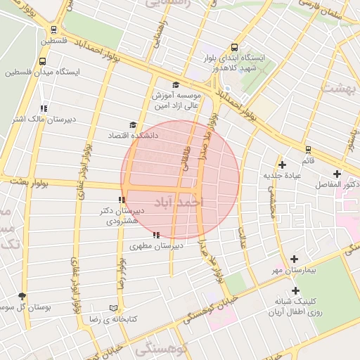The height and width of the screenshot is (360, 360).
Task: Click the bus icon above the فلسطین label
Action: coord(54,30)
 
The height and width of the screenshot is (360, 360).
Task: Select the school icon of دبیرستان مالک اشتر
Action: coord(44,108)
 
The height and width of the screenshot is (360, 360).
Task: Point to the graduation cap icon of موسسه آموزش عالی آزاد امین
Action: coord(176,84)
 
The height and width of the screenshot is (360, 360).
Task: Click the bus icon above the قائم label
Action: coord(308,149)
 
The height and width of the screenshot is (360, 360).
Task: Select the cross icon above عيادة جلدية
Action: coord(282,164)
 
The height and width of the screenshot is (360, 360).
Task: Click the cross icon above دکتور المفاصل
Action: coord(337,173)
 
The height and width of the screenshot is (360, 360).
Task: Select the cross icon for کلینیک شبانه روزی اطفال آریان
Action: coord(295,290)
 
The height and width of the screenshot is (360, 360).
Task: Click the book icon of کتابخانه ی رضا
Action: coord(114,308)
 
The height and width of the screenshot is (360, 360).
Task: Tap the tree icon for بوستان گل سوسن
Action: coord(22,297)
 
